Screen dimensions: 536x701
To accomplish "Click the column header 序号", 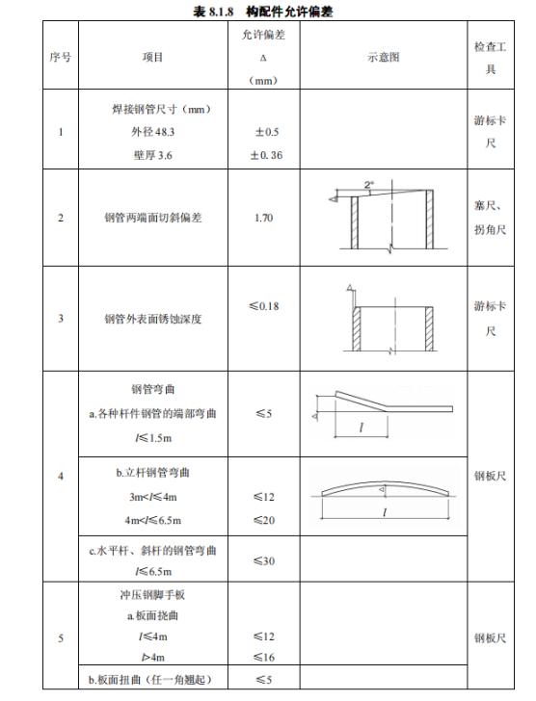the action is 62,58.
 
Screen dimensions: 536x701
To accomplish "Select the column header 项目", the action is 151,58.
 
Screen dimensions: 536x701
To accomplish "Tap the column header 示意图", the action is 383,58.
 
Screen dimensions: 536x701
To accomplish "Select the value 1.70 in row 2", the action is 263,218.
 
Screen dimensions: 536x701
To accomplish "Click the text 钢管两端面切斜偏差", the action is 151,218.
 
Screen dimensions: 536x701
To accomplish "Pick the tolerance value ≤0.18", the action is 263,306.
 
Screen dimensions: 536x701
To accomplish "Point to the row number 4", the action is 62,476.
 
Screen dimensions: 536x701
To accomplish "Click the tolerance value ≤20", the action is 263,519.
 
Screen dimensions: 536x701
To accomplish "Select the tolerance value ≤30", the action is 263,560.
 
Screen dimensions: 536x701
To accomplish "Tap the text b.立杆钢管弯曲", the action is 154,474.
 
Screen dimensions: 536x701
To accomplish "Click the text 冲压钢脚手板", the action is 151,596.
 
